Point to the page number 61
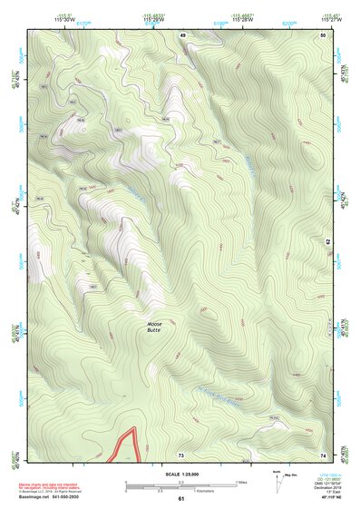click(x=180, y=499)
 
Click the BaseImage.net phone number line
click(x=49, y=499)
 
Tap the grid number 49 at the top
click(x=181, y=34)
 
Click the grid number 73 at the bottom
click(x=180, y=453)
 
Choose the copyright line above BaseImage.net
click(x=49, y=493)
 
